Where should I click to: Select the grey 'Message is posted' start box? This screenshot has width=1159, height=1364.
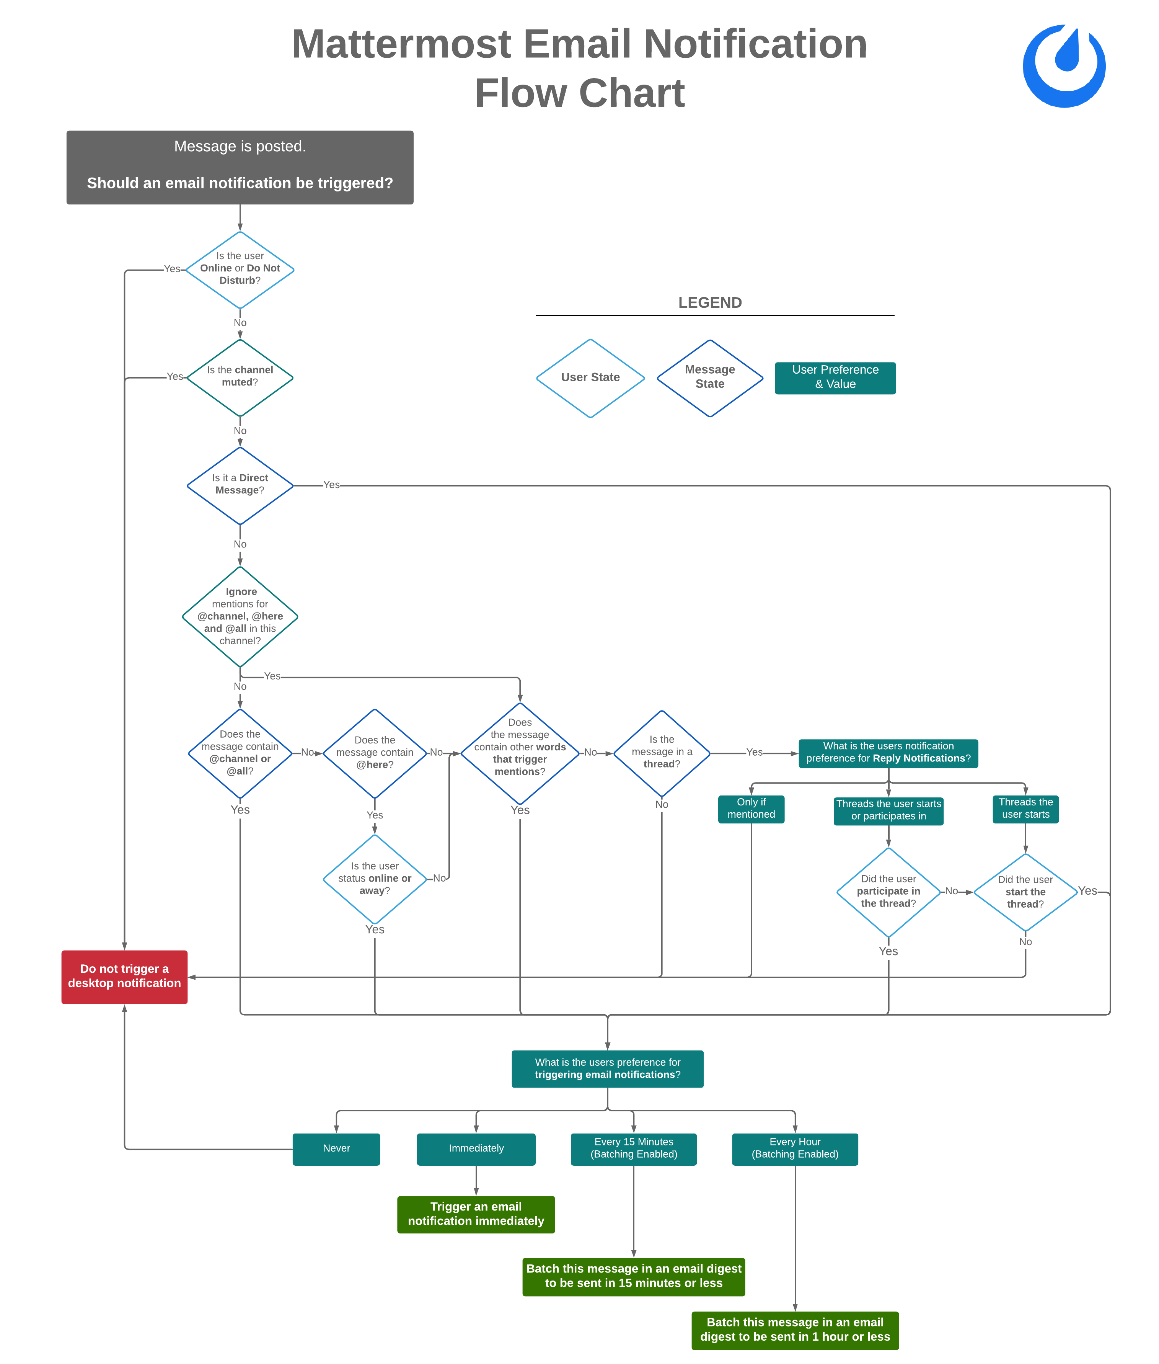coord(240,167)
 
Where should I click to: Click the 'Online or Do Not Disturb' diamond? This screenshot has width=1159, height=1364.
coord(240,270)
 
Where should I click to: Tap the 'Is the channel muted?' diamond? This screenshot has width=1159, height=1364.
coord(240,377)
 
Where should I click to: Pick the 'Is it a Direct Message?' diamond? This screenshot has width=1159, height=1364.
coord(240,485)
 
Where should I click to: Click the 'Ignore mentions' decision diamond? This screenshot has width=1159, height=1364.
coord(240,616)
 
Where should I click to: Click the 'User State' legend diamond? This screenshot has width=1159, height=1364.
coord(590,377)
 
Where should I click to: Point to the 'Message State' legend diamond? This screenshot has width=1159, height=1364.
coord(709,377)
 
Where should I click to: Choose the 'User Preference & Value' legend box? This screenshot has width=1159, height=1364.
coord(835,377)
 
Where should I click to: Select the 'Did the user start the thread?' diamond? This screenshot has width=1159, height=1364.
coord(1025,892)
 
